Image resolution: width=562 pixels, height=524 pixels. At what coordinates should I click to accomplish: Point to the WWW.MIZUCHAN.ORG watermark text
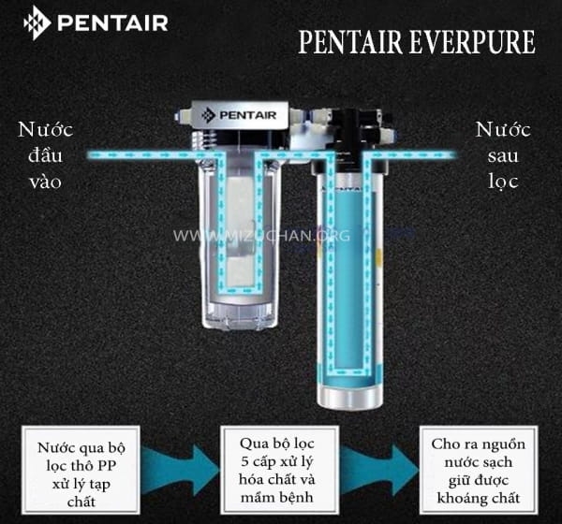point(261,236)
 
